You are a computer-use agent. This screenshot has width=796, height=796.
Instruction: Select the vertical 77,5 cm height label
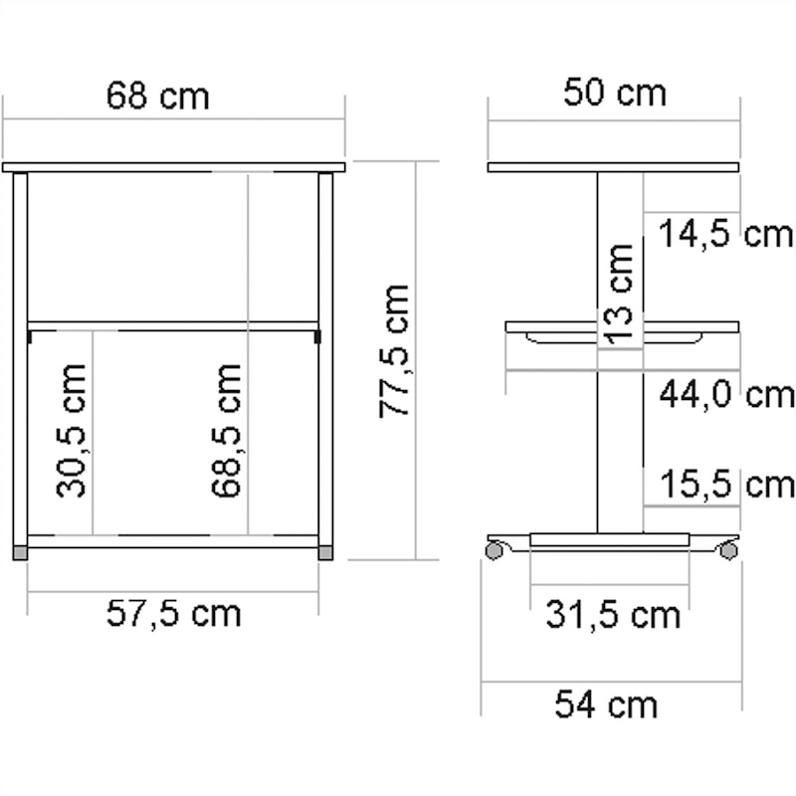pyautogui.click(x=395, y=350)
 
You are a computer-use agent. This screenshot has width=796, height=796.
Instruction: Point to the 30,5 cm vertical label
pyautogui.click(x=71, y=430)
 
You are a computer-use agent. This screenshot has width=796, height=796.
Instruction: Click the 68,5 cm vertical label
pyautogui.click(x=227, y=430)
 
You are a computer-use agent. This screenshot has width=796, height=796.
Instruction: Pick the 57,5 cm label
pyautogui.click(x=173, y=614)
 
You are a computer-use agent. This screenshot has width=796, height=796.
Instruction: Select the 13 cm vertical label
pyautogui.click(x=619, y=295)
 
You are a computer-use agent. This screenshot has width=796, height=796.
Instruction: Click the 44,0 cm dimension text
pyautogui.click(x=726, y=395)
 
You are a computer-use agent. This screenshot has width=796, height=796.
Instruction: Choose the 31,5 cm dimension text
pyautogui.click(x=612, y=615)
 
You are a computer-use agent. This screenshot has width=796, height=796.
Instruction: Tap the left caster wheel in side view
pyautogui.click(x=494, y=548)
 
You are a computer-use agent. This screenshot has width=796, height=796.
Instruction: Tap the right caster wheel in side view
pyautogui.click(x=729, y=548)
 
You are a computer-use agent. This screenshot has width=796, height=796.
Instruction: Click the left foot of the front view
pyautogui.click(x=21, y=549)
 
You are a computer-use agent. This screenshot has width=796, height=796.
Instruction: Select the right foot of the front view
pyautogui.click(x=325, y=549)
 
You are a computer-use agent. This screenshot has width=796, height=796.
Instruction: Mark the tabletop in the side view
pyautogui.click(x=614, y=167)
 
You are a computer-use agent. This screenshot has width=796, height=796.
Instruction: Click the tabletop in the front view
pyautogui.click(x=173, y=167)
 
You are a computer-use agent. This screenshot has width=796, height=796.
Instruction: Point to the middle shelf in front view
pyautogui.click(x=173, y=325)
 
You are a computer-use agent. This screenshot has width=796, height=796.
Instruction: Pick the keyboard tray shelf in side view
pyautogui.click(x=622, y=327)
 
